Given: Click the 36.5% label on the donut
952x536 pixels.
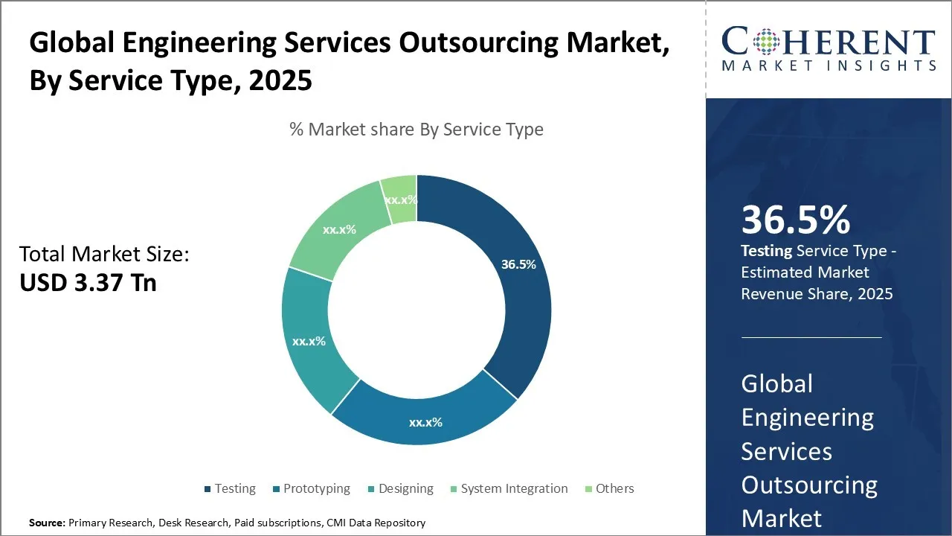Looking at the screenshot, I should click(x=518, y=264).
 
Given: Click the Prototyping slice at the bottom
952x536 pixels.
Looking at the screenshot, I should click(x=425, y=421).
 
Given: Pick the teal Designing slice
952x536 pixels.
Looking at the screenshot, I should click(x=309, y=340).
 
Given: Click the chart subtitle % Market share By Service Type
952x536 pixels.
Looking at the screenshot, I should click(x=416, y=130).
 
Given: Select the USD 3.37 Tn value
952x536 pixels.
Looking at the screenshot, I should click(x=88, y=283).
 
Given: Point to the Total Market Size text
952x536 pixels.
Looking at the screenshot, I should click(x=104, y=255).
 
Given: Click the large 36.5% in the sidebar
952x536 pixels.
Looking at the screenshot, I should click(x=795, y=220).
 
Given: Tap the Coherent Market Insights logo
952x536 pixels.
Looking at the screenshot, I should click(x=828, y=49).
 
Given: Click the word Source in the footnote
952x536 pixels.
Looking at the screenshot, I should click(x=47, y=523).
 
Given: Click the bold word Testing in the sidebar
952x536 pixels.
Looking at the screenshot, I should click(x=766, y=252).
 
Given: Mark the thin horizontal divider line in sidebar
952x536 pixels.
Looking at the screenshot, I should click(x=811, y=337).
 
